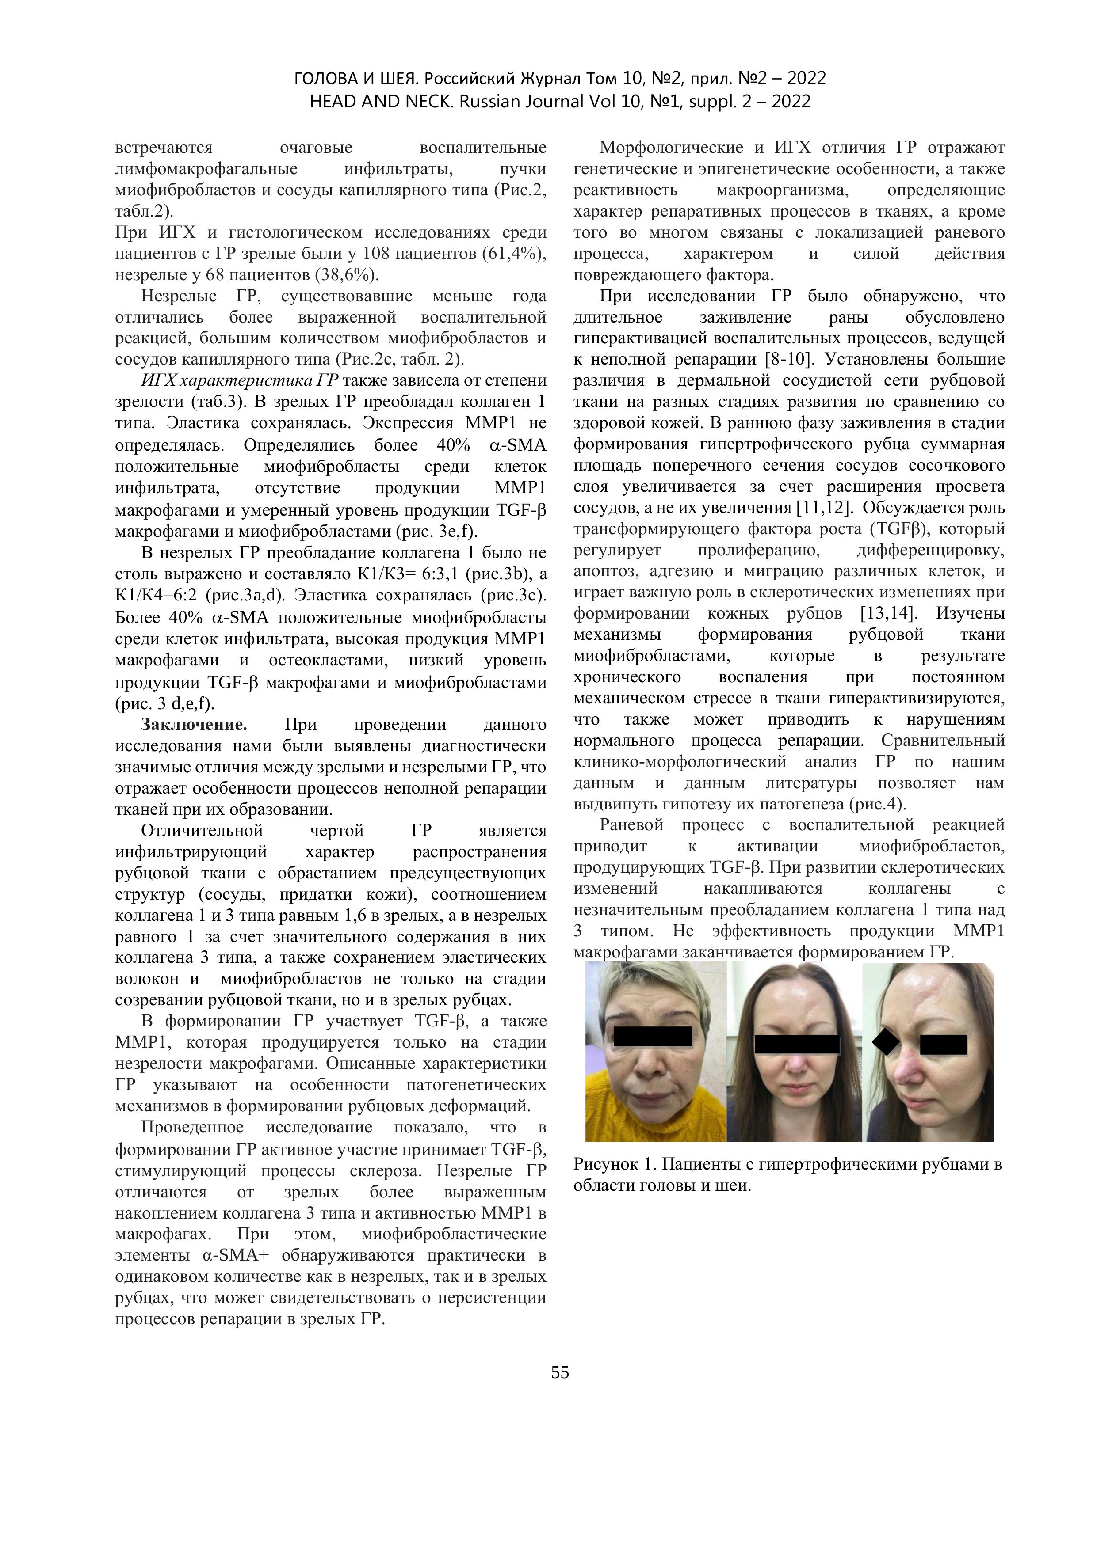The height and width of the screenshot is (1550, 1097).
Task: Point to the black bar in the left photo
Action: [x=653, y=1036]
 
